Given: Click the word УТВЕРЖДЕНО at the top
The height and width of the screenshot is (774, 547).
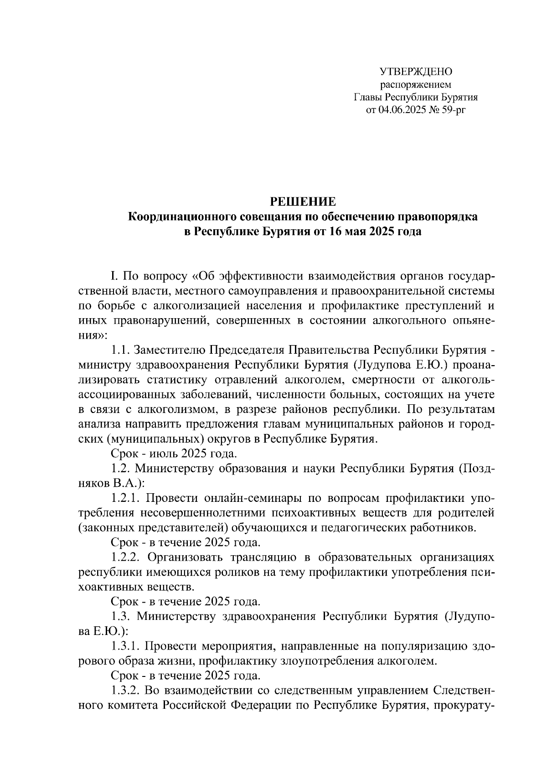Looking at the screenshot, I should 416,72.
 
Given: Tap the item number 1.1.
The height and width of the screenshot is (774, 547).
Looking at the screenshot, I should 121,350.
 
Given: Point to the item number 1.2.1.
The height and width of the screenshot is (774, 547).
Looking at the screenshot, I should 126,498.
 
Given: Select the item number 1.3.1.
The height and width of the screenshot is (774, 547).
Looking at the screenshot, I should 126,646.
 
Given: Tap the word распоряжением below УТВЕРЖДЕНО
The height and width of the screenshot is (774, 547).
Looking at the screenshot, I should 416,84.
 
